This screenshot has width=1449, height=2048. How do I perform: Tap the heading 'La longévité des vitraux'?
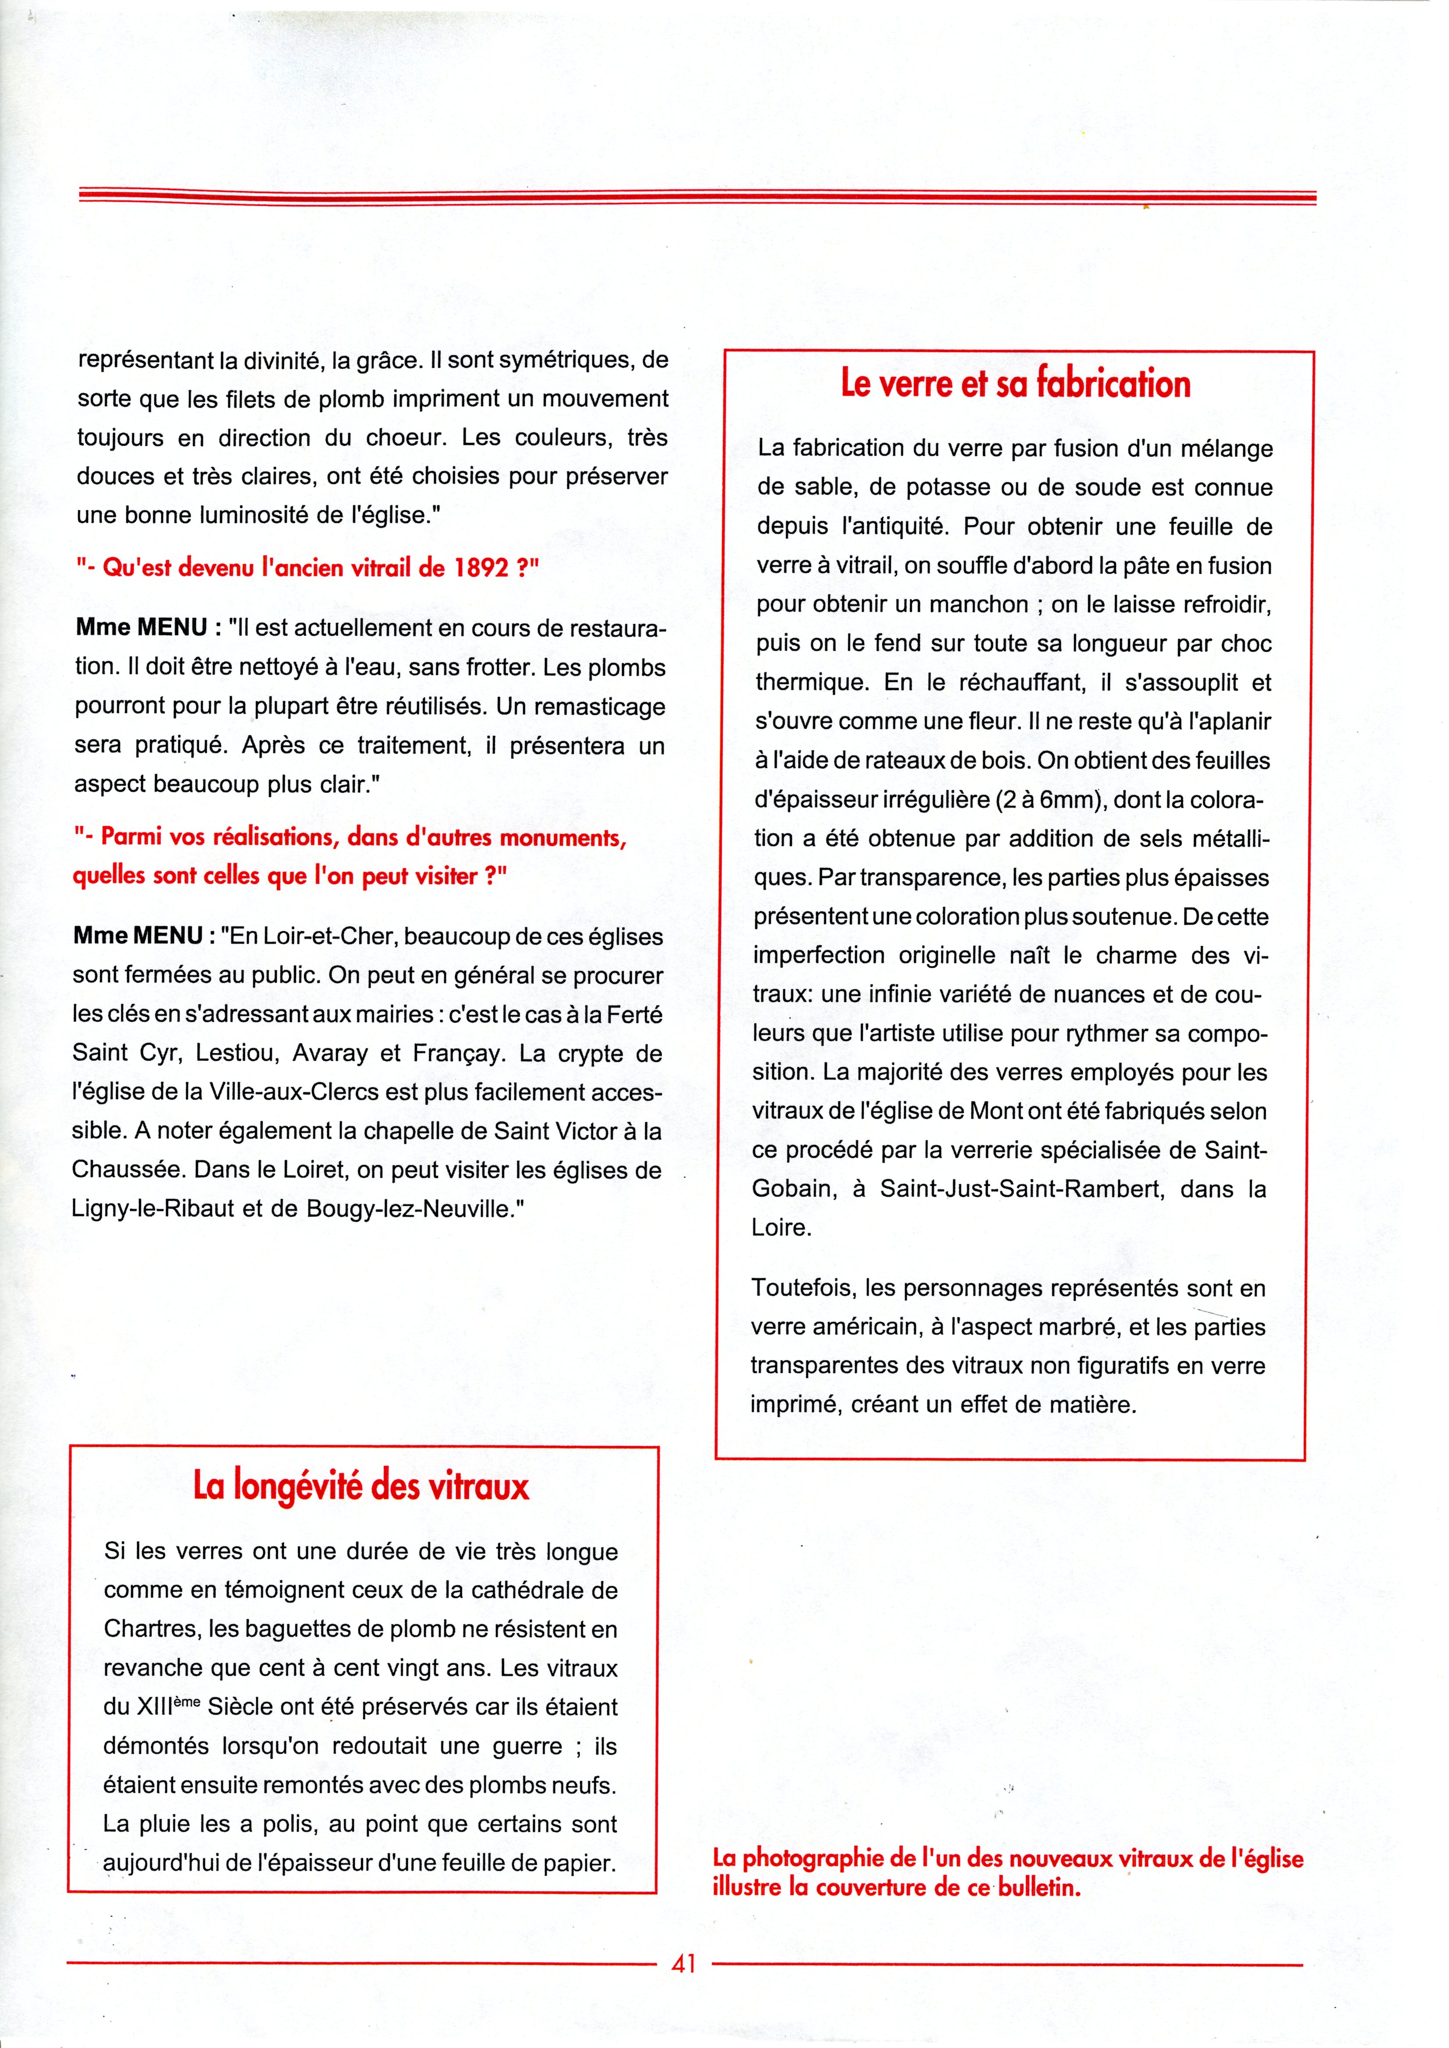361,1486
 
